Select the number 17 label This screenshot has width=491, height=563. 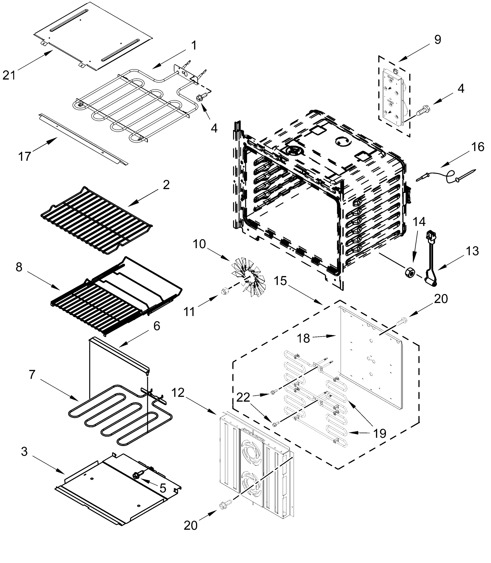click(x=24, y=156)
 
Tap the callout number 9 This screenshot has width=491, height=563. click(x=438, y=40)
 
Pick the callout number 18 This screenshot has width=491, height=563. click(x=304, y=339)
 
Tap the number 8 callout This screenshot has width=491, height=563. click(x=19, y=267)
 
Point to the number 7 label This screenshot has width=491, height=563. click(x=32, y=375)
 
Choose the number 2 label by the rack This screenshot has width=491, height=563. click(x=166, y=185)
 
